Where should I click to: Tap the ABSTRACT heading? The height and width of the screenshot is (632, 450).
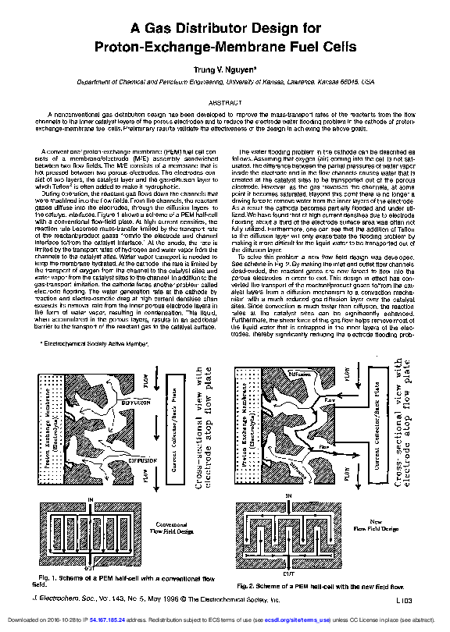[x=224, y=102]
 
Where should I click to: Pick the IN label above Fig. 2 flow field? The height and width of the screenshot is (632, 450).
[x=288, y=497]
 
